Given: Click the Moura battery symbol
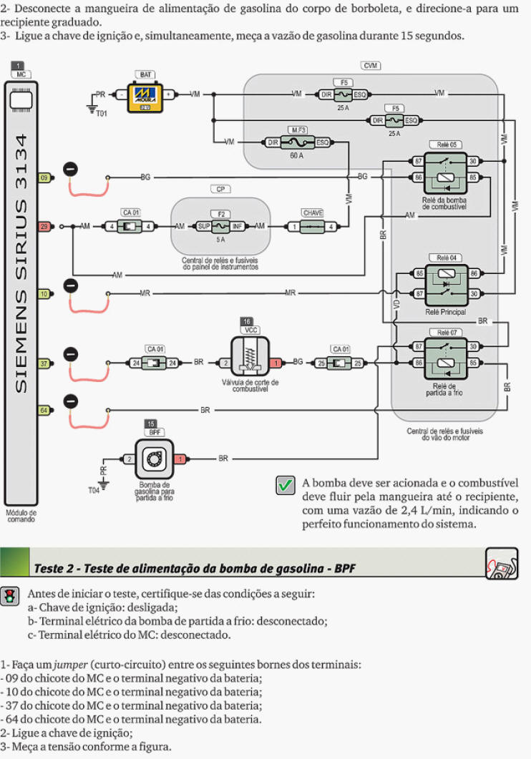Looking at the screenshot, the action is tap(145, 98).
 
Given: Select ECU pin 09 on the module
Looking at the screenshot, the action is tap(44, 177).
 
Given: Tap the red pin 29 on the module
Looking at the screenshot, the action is tap(44, 226).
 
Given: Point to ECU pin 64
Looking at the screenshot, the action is tap(44, 411).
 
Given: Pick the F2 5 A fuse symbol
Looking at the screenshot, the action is tap(220, 226).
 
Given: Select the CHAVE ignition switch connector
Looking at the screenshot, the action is tap(312, 226).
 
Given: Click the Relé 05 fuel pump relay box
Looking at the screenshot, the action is tap(445, 173).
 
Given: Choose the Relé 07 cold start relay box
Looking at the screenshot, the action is tap(446, 358).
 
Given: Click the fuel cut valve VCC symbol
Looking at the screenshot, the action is tap(250, 357).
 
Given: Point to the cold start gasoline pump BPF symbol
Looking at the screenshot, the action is tap(155, 459).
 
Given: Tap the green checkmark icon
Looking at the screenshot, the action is tap(286, 485).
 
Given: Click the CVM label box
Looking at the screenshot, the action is tap(370, 65).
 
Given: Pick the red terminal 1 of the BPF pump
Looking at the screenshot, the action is tap(180, 459).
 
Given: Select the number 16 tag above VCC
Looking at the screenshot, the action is tap(247, 321).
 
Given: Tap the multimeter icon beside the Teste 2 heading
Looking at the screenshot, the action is tap(502, 564).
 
